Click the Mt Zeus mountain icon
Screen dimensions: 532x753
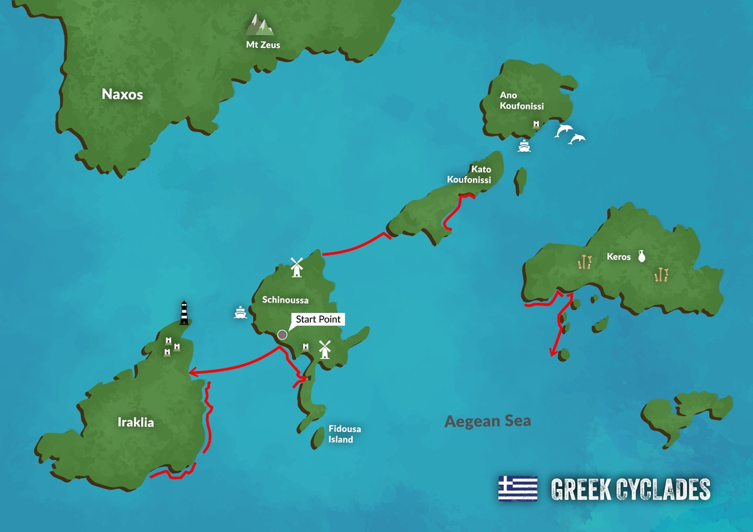(259, 25)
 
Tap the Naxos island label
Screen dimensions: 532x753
(123, 94)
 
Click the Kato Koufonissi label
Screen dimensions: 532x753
(469, 175)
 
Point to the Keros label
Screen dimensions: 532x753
(619, 257)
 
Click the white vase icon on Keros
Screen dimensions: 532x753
(642, 256)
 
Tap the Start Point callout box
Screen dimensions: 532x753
(318, 319)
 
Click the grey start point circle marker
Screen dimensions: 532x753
(282, 335)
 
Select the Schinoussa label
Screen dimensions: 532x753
(285, 300)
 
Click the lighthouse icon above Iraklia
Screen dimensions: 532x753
(183, 312)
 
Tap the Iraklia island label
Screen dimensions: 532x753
(136, 422)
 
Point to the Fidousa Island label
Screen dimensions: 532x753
(344, 434)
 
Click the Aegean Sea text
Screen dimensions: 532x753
(487, 421)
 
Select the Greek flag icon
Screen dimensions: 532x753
(518, 488)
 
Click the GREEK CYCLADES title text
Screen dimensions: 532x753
(630, 489)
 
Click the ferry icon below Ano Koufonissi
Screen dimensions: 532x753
(524, 146)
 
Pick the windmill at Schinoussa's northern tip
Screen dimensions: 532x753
(296, 267)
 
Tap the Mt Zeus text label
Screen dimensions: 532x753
(263, 45)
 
